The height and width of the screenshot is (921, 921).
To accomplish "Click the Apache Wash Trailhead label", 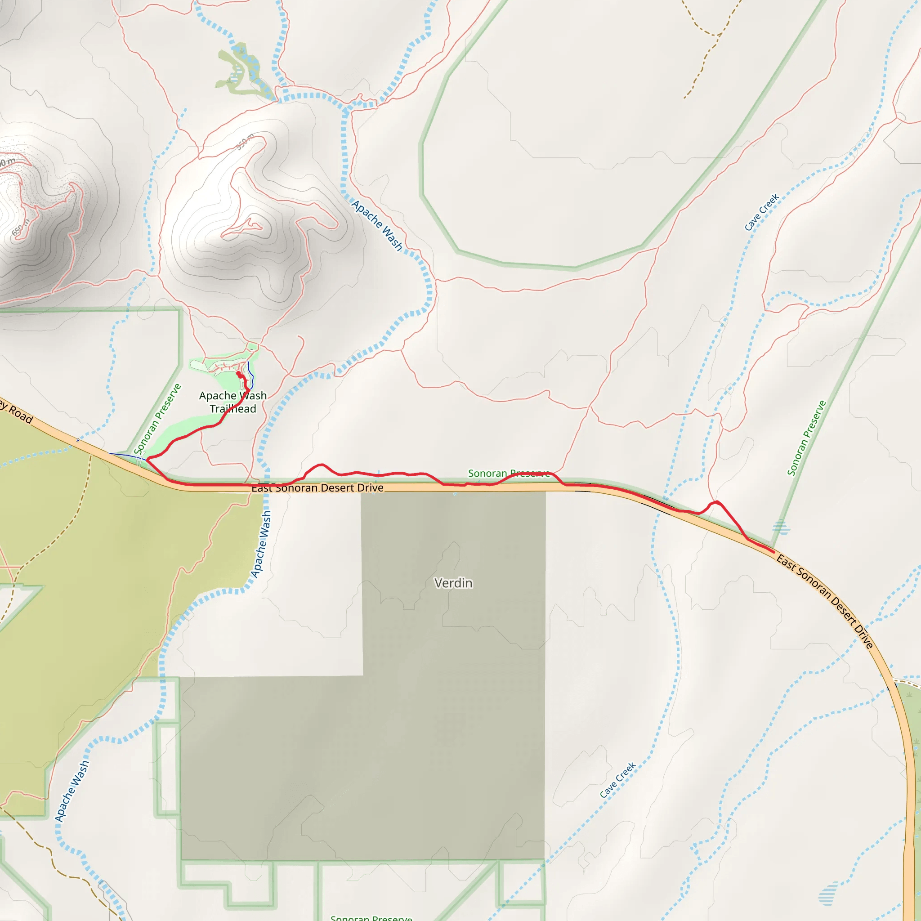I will (x=232, y=402).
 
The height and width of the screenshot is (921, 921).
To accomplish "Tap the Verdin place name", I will (x=453, y=583).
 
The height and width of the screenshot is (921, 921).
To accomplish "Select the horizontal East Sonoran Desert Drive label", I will (x=317, y=487).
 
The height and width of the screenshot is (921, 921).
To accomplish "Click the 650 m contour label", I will (x=21, y=228).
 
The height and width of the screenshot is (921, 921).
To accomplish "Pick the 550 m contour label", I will (x=245, y=142).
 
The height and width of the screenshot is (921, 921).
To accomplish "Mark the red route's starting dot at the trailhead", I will (x=239, y=374).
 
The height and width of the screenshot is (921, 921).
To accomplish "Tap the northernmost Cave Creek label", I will (x=761, y=212).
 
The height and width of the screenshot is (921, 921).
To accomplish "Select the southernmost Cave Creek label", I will (x=617, y=780).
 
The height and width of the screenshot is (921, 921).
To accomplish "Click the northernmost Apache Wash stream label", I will (x=377, y=225).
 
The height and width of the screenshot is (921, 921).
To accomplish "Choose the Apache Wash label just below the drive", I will (x=261, y=545).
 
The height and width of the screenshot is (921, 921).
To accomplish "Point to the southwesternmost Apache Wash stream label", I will (x=72, y=791).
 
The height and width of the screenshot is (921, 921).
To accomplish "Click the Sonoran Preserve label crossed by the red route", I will (x=509, y=474).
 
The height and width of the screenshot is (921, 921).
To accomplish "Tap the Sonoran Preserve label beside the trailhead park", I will (x=157, y=419).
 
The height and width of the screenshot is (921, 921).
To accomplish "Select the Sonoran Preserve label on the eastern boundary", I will (x=806, y=438).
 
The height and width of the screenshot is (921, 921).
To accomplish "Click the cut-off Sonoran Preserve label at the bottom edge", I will (x=371, y=917).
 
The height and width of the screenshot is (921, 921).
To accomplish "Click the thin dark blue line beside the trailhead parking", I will (x=251, y=374).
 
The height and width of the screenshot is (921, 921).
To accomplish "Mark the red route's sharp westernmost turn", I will (x=148, y=459).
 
